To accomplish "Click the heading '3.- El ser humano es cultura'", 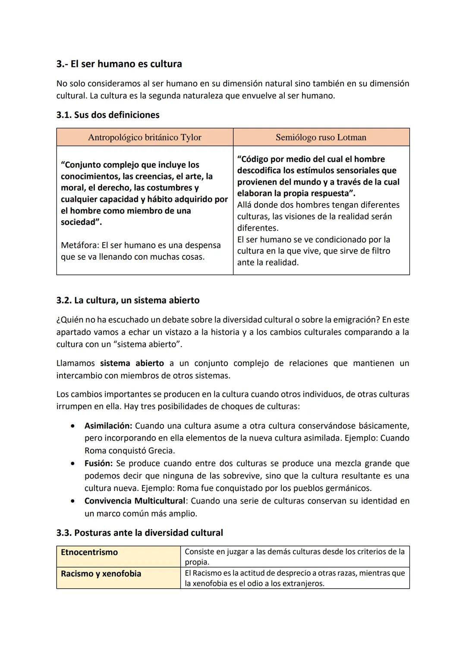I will pyautogui.click(x=119, y=64).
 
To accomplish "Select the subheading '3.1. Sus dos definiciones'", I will pyautogui.click(x=108, y=115).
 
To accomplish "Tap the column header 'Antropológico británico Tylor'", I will pyautogui.click(x=145, y=137).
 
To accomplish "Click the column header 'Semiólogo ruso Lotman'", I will pyautogui.click(x=321, y=137).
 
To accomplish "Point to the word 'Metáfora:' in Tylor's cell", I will pyautogui.click(x=80, y=246).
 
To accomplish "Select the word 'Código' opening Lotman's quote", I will pyautogui.click(x=254, y=159).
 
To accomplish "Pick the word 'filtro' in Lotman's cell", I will pyautogui.click(x=378, y=251).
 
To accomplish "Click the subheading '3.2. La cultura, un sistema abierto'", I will pyautogui.click(x=128, y=300).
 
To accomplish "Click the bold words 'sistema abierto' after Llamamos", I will pyautogui.click(x=132, y=363).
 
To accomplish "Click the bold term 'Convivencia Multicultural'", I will pyautogui.click(x=135, y=501).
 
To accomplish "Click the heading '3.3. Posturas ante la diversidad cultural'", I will pyautogui.click(x=140, y=533).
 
